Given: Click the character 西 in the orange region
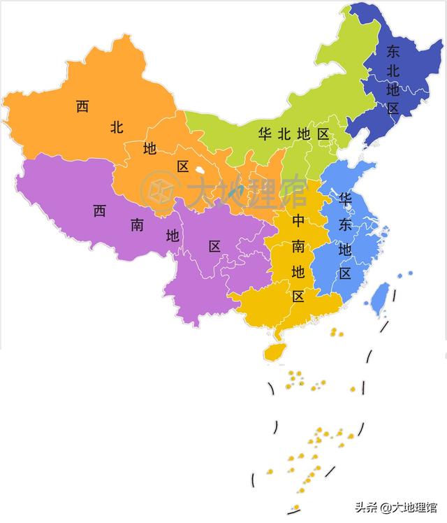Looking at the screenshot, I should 82,107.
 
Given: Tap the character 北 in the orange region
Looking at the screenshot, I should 117,127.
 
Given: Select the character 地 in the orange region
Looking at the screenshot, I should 150,148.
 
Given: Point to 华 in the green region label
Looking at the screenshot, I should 265,134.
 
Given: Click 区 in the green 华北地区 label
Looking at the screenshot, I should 322,134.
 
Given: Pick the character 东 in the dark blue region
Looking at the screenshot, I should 393,51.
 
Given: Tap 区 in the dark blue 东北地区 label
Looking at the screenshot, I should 393,108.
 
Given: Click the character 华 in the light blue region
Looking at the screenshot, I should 345,199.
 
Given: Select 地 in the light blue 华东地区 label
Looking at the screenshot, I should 345,249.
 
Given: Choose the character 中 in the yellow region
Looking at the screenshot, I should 298,221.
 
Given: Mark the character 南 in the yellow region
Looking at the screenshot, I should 298,245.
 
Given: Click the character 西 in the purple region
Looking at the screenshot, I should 100,211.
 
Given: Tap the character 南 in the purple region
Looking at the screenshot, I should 137,224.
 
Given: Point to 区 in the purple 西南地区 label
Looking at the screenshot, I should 214,246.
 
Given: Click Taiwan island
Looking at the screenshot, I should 379,297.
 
